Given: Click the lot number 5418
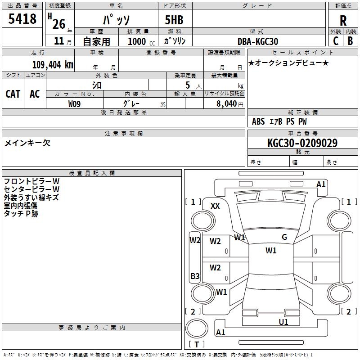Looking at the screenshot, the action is pyautogui.click(x=22, y=18).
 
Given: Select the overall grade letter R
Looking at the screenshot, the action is pyautogui.click(x=343, y=21).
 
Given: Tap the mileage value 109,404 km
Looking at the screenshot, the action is pyautogui.click(x=53, y=65).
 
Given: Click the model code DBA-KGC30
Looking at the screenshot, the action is pyautogui.click(x=257, y=41).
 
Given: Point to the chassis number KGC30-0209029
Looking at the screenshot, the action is pyautogui.click(x=302, y=143).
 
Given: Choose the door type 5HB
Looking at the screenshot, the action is pyautogui.click(x=174, y=20).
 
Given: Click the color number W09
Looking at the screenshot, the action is pyautogui.click(x=74, y=104).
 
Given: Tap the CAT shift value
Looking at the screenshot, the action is pyautogui.click(x=13, y=94).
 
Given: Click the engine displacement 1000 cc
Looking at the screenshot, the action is pyautogui.click(x=141, y=41).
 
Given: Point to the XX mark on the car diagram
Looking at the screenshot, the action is pyautogui.click(x=215, y=206).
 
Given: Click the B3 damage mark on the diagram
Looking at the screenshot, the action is pyautogui.click(x=195, y=276).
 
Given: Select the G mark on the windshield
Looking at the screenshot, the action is pyautogui.click(x=284, y=237).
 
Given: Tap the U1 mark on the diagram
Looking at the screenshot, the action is pyautogui.click(x=283, y=322).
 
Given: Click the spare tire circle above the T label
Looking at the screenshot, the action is pyautogui.click(x=197, y=328).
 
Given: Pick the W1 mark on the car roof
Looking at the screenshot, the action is pyautogui.click(x=271, y=250).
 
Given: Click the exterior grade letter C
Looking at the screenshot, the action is pyautogui.click(x=336, y=41).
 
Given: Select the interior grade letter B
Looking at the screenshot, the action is pyautogui.click(x=350, y=41).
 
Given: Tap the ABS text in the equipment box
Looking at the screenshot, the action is pyautogui.click(x=258, y=121).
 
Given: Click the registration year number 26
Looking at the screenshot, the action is pyautogui.click(x=59, y=24).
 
